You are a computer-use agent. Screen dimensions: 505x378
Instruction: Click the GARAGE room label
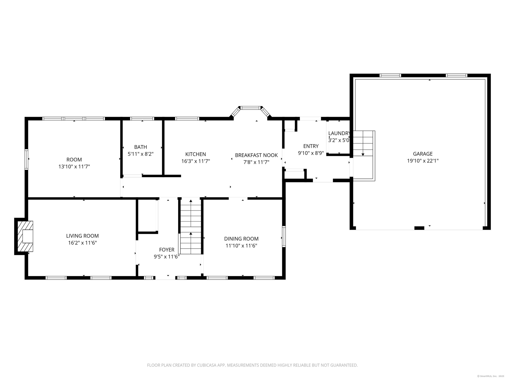point(423,154)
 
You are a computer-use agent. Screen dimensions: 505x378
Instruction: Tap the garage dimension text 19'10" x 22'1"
point(423,161)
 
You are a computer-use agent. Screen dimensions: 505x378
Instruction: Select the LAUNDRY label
point(339,133)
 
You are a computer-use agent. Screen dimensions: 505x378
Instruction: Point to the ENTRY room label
point(311,146)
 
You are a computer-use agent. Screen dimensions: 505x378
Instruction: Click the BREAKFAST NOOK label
point(256,155)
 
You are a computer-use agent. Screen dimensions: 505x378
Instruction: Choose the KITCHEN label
point(196,154)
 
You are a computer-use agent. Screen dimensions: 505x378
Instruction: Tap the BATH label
point(140,147)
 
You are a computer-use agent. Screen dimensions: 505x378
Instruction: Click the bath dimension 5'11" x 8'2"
point(140,154)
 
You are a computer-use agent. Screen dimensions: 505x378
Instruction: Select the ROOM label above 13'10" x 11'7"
point(74,160)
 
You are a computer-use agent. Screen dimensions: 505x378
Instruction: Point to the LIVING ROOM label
point(82,236)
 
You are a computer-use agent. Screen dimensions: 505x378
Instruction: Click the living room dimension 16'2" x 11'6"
point(82,243)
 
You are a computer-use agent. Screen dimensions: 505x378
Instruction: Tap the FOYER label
point(167,250)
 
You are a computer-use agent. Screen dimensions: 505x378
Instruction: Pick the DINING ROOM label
point(241,239)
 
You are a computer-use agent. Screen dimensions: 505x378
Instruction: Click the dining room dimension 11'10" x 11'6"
point(241,246)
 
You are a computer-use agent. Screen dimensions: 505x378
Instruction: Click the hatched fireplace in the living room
point(25,236)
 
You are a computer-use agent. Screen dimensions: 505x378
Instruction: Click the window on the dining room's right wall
point(284,237)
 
